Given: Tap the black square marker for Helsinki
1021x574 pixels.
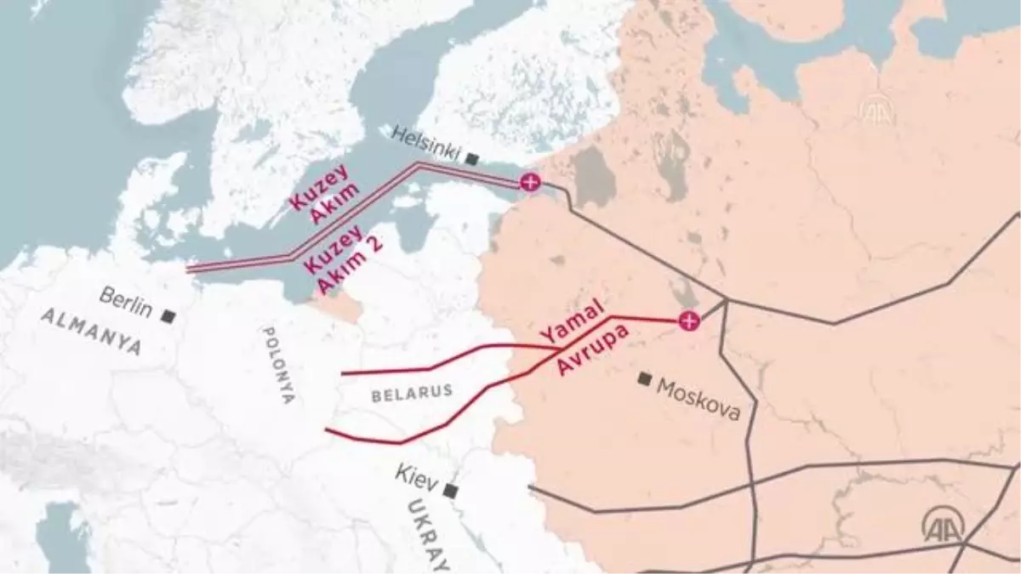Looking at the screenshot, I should click(472, 158).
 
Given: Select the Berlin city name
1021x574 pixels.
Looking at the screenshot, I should click(125, 302).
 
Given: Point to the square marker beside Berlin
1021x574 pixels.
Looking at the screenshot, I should click(168, 316).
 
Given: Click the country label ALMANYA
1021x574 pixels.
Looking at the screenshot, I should click(91, 332).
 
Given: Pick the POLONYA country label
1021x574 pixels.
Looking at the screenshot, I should click(277, 365).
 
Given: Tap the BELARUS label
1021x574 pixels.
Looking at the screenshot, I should click(411, 392).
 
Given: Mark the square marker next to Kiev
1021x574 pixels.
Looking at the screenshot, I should click(450, 491).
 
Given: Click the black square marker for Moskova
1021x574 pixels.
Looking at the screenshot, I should click(646, 378).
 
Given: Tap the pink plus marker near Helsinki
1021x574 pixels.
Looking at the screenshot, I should click(530, 181).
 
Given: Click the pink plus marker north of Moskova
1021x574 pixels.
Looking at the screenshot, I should click(688, 321).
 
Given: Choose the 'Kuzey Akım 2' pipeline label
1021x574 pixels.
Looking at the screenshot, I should click(344, 260).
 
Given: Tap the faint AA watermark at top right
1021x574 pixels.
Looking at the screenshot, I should click(876, 110).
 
